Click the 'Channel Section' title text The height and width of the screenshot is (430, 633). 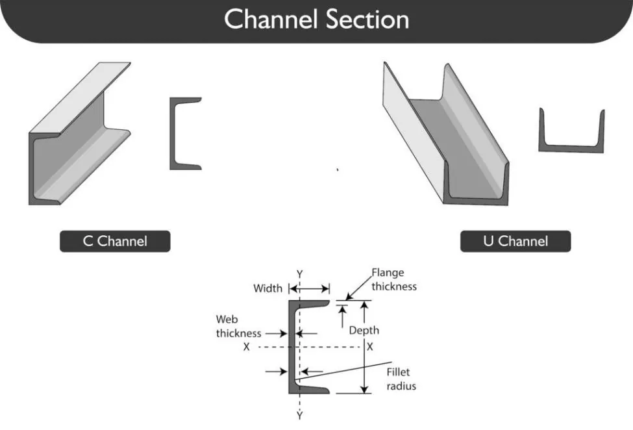(317, 19)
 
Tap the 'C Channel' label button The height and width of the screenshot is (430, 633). (115, 242)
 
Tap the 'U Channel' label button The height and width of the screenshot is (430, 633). (515, 242)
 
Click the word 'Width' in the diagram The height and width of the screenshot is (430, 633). (267, 288)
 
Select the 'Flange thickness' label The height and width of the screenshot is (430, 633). (393, 279)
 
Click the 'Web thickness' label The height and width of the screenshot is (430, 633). (238, 327)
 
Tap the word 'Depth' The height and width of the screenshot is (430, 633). (364, 331)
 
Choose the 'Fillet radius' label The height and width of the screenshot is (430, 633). (401, 379)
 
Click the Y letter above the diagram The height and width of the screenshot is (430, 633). (299, 274)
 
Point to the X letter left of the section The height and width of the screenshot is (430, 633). (247, 348)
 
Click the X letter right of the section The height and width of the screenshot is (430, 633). (370, 348)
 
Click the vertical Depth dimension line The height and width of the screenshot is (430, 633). (364, 364)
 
